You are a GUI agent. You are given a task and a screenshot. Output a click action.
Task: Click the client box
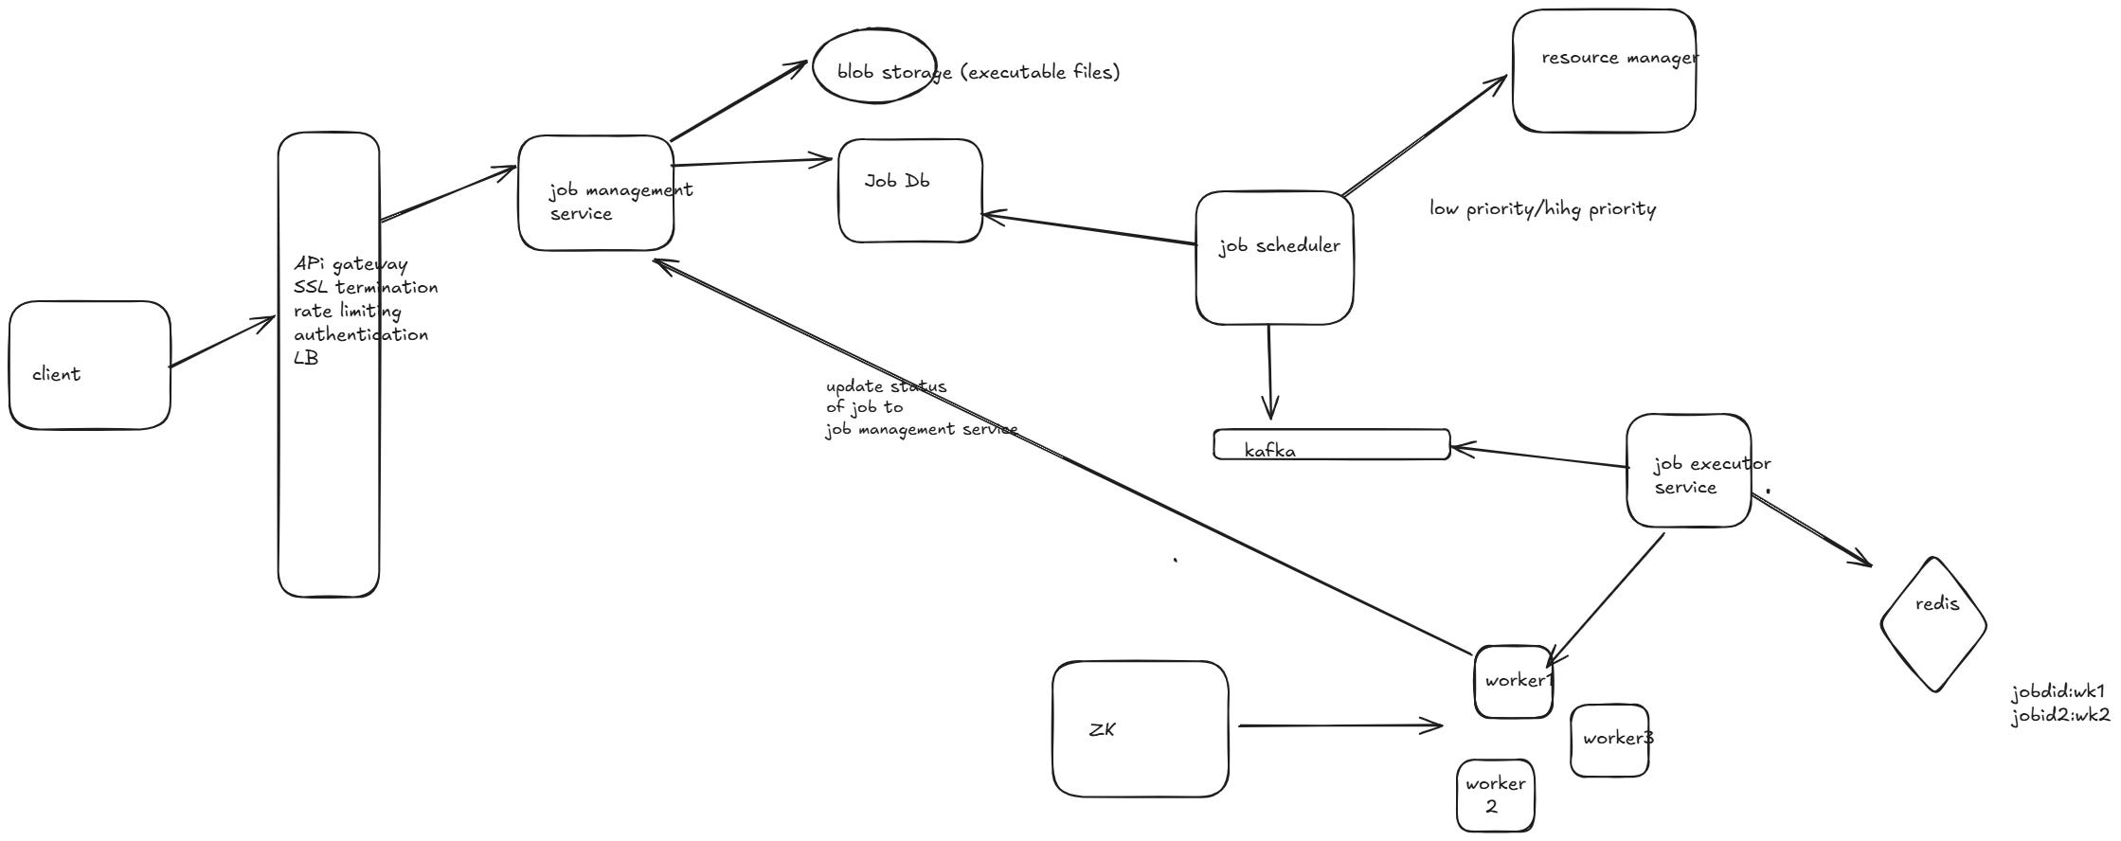click(90, 366)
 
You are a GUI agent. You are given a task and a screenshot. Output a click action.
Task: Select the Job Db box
click(909, 191)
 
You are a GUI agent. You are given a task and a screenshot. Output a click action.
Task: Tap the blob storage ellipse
click(873, 66)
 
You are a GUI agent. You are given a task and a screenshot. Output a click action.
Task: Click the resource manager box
click(1603, 72)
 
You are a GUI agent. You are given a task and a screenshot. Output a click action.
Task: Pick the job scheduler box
click(1274, 258)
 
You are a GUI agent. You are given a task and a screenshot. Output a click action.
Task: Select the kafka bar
click(1331, 444)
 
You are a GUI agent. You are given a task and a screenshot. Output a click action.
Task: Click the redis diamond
click(1932, 623)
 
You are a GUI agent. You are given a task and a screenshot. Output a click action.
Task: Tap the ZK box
click(1140, 729)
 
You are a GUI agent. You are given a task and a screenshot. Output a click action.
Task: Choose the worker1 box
click(1513, 682)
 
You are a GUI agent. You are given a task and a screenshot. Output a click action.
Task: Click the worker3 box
click(1609, 741)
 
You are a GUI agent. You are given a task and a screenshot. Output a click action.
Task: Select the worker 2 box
click(1494, 796)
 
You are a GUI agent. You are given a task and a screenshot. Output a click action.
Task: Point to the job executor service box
click(1688, 471)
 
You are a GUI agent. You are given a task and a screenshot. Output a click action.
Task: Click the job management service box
click(596, 193)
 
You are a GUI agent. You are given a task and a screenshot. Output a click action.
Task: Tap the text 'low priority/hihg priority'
click(1542, 209)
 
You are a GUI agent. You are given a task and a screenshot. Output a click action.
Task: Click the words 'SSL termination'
click(366, 287)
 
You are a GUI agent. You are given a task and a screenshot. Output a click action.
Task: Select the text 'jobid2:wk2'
click(2060, 716)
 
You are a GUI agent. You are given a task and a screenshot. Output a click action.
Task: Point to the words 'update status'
click(886, 386)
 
